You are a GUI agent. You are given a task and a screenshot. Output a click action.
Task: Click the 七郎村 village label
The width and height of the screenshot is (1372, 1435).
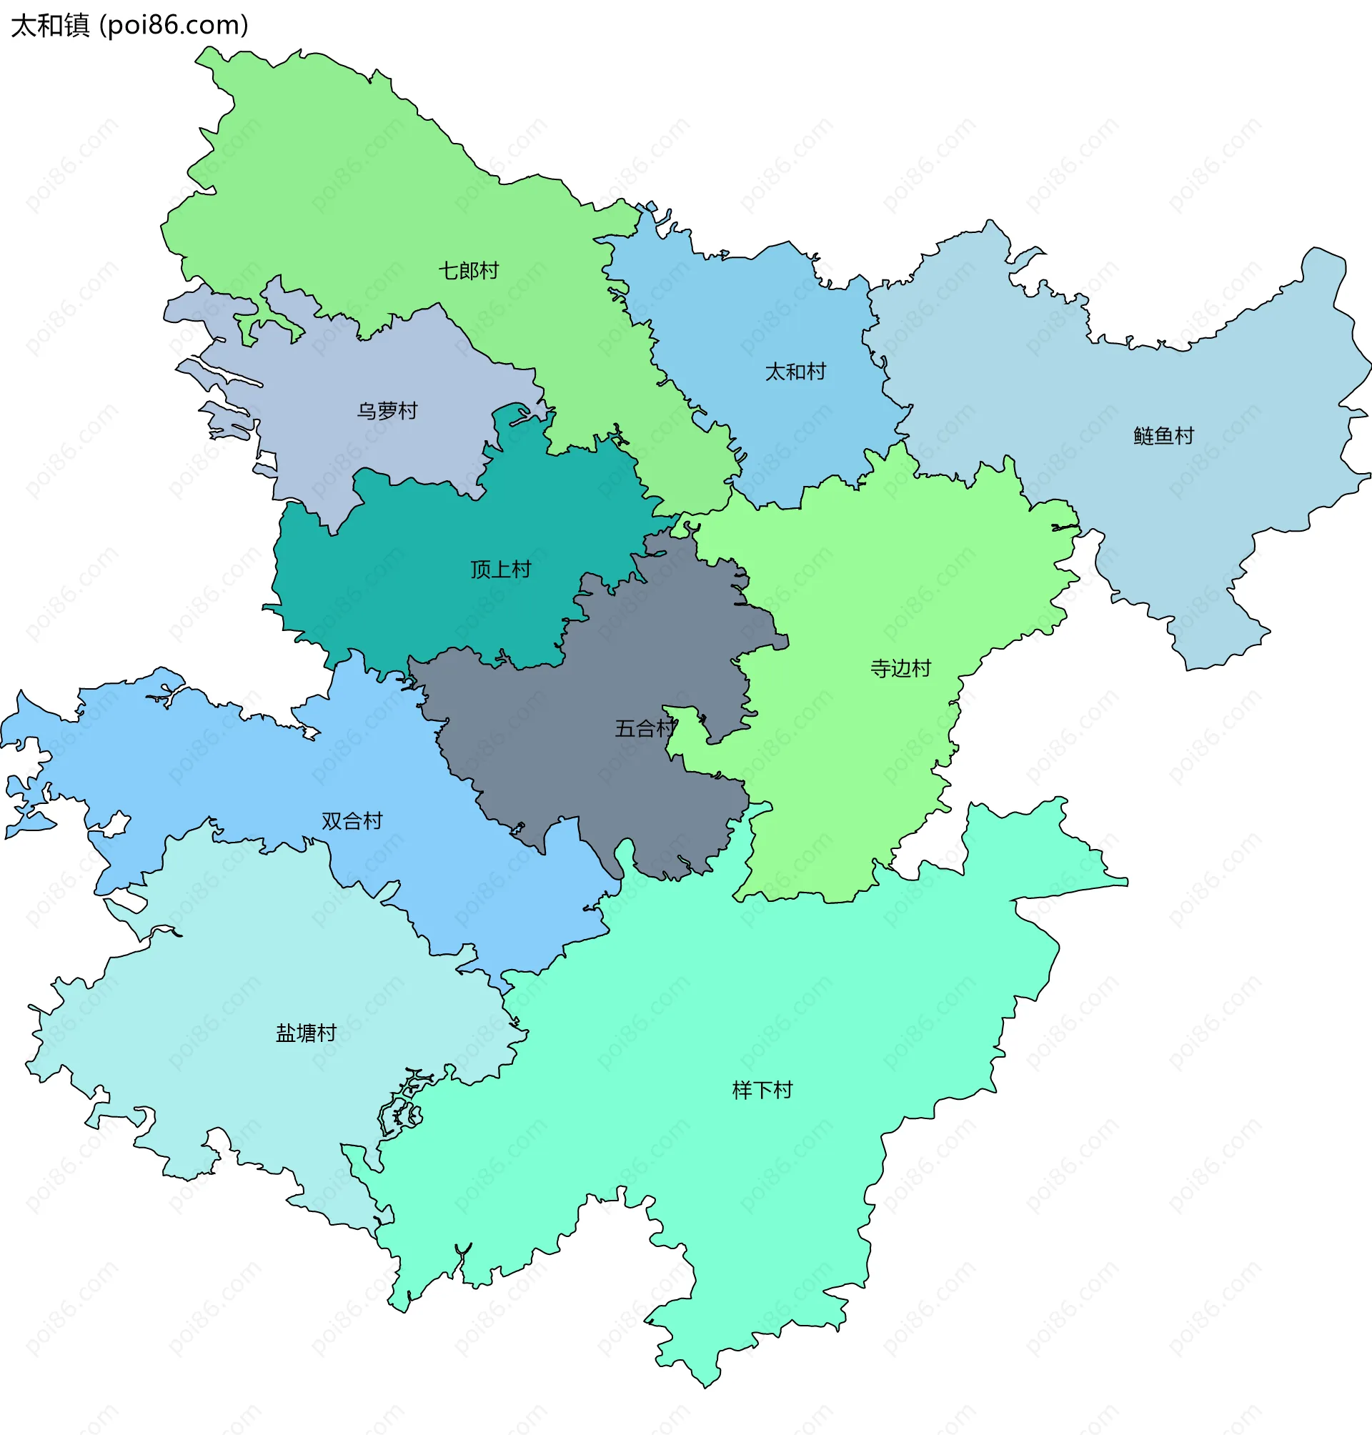(x=468, y=272)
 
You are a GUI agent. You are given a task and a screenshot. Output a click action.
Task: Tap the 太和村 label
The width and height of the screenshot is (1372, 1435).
(x=795, y=372)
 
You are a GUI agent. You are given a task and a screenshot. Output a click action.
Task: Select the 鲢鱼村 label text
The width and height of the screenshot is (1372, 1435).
(x=1163, y=437)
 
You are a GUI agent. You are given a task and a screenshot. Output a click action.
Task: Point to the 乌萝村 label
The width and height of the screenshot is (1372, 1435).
(x=387, y=412)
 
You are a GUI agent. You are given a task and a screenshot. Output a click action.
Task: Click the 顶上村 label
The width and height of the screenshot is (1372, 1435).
(x=500, y=570)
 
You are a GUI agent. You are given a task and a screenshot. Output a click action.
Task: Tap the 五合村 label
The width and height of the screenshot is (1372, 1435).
(x=645, y=729)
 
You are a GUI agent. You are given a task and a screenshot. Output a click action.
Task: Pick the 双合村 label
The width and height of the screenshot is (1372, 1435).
(x=352, y=821)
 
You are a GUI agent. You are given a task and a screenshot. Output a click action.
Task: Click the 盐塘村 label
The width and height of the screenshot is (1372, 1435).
(x=306, y=1033)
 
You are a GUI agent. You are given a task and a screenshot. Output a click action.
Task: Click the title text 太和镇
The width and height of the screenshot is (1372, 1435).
(x=50, y=26)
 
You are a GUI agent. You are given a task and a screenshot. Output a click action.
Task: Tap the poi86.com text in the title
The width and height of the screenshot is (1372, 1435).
(x=174, y=26)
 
